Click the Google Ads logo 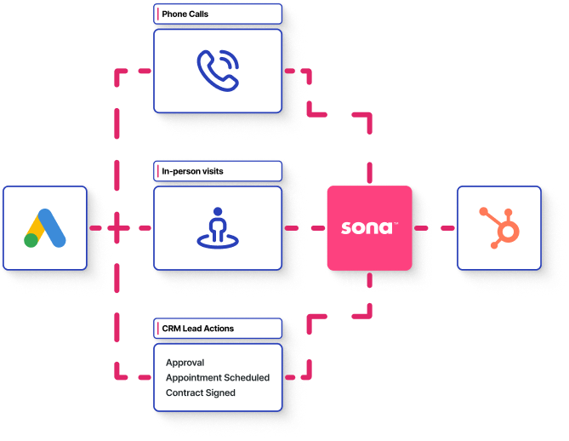point(45,228)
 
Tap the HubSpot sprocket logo point(498,228)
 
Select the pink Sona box point(369,228)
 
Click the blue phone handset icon point(218,71)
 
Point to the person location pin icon point(218,228)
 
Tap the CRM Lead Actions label point(197,329)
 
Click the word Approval point(185,363)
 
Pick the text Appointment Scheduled point(217,377)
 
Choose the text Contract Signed point(200,392)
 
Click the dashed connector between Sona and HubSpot point(434,228)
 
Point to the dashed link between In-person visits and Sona point(304,228)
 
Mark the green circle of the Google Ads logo point(31,240)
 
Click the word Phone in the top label point(175,14)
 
